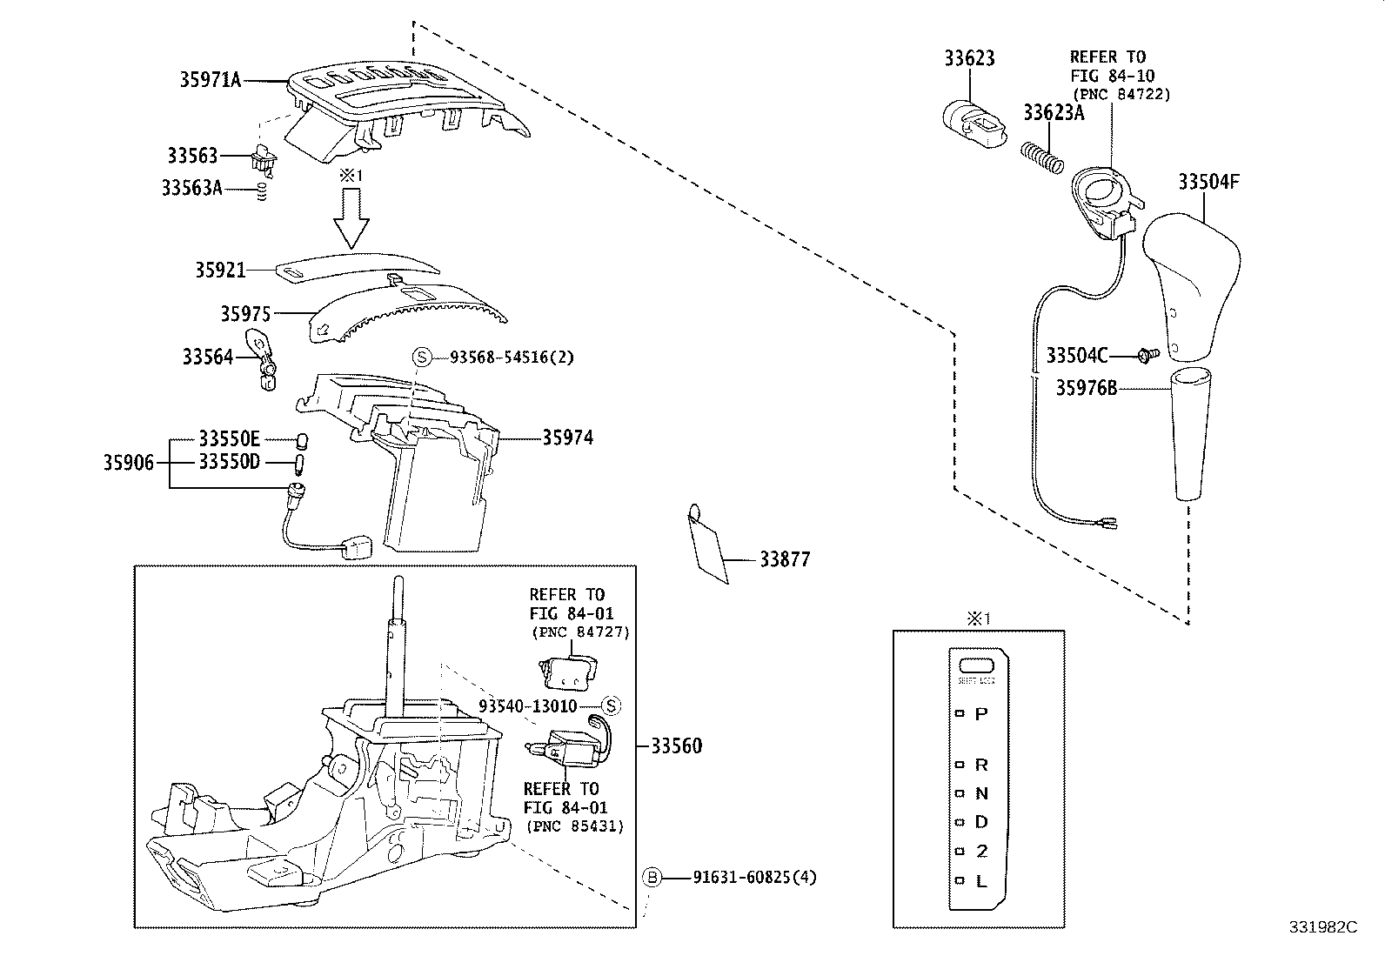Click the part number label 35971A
coord(210,80)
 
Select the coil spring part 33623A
coord(1041,157)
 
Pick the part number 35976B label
coord(1086,388)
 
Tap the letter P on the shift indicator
coord(981,714)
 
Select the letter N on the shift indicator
coord(981,793)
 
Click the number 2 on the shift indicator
coord(981,851)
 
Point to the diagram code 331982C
coord(1322,927)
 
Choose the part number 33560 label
coord(676,745)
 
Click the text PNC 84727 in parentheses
coord(580,632)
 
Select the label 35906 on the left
coord(129,463)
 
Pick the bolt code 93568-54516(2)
coord(512,357)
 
